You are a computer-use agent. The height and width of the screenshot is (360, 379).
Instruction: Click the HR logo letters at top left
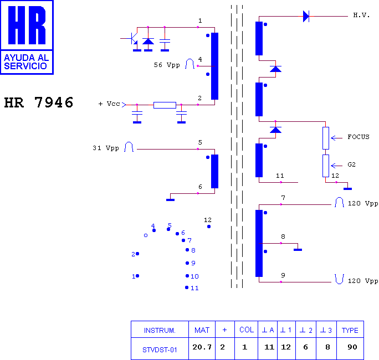click(x=27, y=25)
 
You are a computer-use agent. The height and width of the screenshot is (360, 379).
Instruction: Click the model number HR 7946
click(x=39, y=102)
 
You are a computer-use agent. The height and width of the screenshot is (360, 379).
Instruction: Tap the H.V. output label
click(x=361, y=15)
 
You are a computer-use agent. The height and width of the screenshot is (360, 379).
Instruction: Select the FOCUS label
click(x=358, y=137)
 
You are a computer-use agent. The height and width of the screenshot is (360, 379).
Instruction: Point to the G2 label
click(x=351, y=165)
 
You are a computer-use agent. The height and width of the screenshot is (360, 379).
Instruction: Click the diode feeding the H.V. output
click(x=306, y=17)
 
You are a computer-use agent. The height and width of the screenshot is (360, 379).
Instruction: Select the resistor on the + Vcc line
click(x=165, y=105)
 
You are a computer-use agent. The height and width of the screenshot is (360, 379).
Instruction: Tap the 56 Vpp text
click(x=167, y=65)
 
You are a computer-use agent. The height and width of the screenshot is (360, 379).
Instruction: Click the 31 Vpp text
click(x=106, y=148)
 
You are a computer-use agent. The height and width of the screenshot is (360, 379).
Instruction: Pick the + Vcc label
click(x=109, y=104)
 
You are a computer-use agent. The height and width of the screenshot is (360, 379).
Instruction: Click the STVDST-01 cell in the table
click(x=160, y=350)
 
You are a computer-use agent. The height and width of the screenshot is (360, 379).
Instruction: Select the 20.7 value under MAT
click(x=202, y=347)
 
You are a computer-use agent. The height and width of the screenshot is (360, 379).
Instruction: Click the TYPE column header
click(x=350, y=330)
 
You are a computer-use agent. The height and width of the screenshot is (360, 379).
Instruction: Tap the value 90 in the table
click(x=352, y=347)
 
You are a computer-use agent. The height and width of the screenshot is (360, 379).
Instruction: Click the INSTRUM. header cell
click(x=160, y=330)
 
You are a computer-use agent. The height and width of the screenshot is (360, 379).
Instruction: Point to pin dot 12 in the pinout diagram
click(x=209, y=227)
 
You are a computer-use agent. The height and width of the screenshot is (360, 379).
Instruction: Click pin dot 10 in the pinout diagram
click(x=187, y=276)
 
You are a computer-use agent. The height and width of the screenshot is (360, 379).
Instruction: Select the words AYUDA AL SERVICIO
click(x=27, y=62)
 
